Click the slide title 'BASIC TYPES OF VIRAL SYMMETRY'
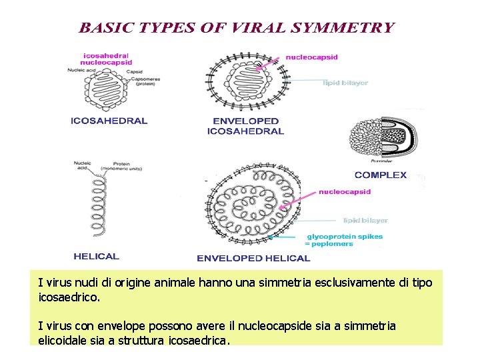(237, 28)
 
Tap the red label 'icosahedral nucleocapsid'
(106, 59)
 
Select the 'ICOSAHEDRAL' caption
(109, 121)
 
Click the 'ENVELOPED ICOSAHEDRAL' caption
(245, 126)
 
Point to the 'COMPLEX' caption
(381, 175)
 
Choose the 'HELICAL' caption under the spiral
(96, 256)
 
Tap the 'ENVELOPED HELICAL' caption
(253, 258)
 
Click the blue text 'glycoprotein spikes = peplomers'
(343, 240)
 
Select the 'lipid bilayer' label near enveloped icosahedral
(345, 83)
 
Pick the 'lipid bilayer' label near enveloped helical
(365, 220)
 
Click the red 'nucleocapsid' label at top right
(311, 57)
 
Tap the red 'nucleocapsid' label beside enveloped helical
(344, 192)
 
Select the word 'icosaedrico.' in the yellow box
(69, 297)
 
